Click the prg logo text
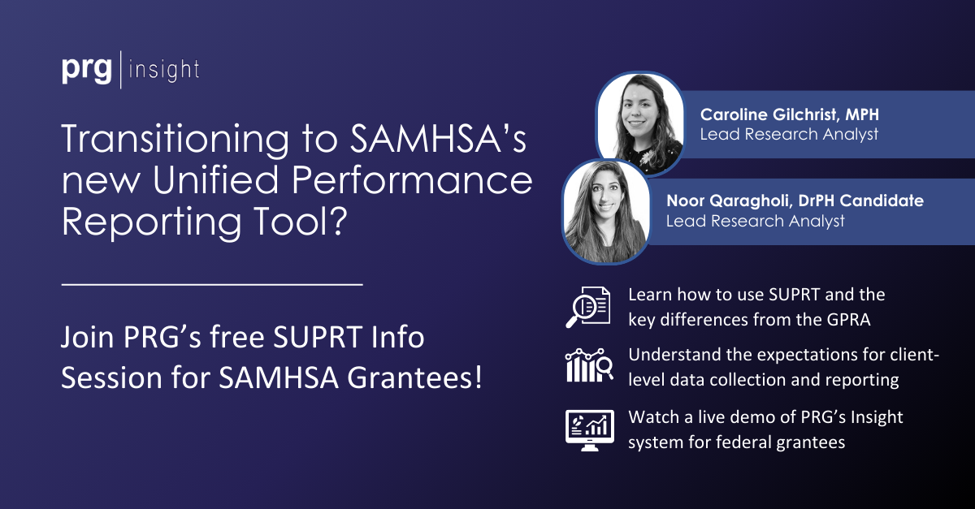click(88, 70)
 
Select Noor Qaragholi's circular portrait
click(605, 210)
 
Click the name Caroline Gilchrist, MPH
click(789, 114)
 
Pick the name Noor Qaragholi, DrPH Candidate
click(794, 201)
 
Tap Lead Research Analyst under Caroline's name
click(789, 134)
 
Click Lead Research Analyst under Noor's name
click(755, 220)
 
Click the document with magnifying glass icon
click(587, 306)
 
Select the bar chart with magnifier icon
click(587, 366)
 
